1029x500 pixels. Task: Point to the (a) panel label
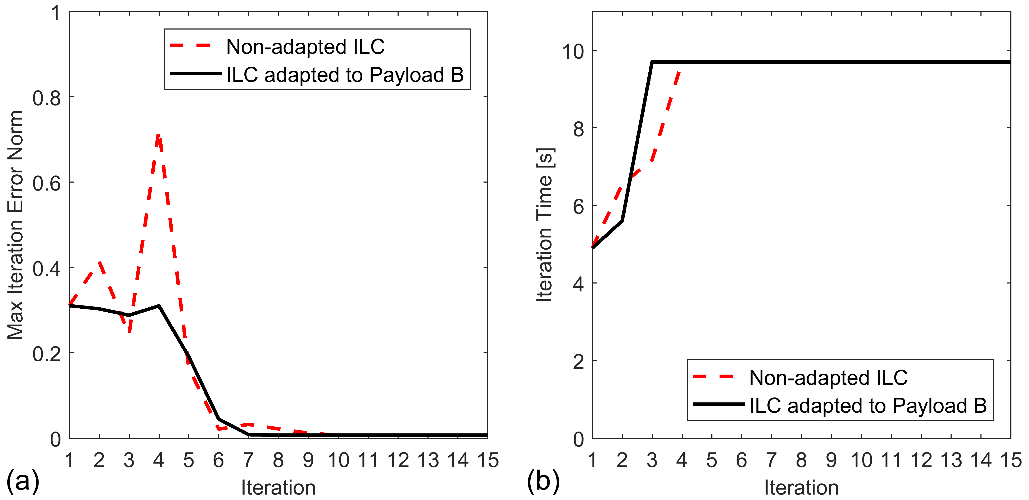point(23,481)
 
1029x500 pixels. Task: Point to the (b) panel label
point(543,481)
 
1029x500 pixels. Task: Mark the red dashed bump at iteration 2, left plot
point(99,262)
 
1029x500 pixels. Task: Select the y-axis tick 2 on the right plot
point(579,362)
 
